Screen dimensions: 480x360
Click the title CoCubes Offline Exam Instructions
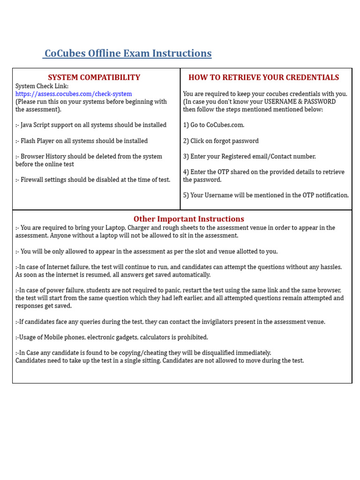coord(127,53)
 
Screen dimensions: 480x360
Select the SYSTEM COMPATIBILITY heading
coord(94,77)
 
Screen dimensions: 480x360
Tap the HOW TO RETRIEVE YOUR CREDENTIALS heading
coord(263,77)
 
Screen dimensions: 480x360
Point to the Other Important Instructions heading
coord(188,219)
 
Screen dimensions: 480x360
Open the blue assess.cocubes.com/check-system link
coord(74,94)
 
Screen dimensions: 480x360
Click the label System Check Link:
coord(42,86)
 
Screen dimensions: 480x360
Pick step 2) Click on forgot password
coord(221,141)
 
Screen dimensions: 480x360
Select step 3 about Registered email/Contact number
coord(249,157)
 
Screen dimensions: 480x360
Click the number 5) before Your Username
coord(186,195)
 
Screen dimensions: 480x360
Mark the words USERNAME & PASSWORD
coord(300,102)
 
